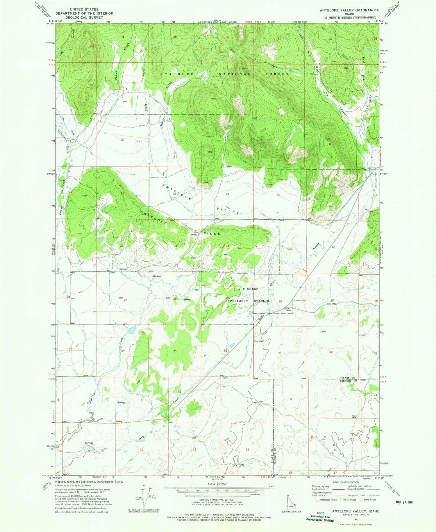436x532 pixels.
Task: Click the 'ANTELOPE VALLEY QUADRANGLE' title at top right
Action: (349, 10)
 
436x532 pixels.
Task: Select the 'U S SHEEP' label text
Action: (248, 289)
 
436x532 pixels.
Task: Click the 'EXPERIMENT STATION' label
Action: (247, 301)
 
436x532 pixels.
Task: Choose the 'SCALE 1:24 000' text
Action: (217, 483)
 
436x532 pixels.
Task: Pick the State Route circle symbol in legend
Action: (362, 500)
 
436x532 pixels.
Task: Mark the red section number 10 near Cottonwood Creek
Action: (122, 140)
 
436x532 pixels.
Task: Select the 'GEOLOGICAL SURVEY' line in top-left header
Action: (84, 17)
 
